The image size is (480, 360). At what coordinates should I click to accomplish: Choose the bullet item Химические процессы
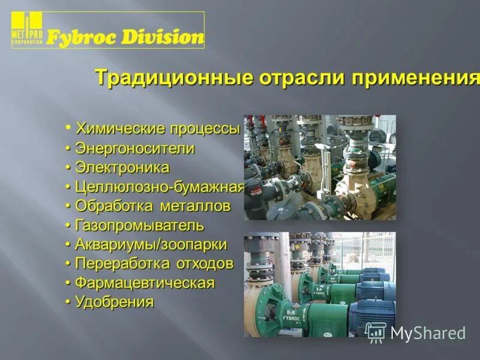point(157,129)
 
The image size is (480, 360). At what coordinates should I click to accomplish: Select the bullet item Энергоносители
point(135,148)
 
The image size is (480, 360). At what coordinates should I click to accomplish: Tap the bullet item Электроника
point(122,167)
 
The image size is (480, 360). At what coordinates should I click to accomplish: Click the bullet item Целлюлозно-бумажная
point(159,187)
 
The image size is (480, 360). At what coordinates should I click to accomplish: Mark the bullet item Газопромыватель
point(139,226)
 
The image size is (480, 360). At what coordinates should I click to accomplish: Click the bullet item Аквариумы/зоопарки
point(151,245)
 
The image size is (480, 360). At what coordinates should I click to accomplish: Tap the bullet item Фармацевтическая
point(145,283)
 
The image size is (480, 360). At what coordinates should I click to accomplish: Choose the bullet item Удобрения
point(115,302)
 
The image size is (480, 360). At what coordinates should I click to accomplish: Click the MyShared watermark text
point(428,333)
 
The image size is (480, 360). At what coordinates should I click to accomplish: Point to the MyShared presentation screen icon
point(376,332)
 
